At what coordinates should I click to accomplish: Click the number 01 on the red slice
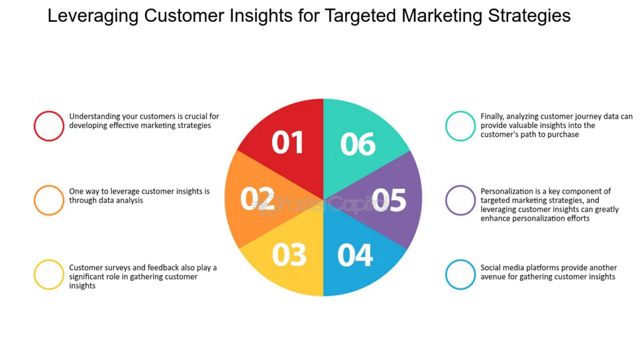[287, 142]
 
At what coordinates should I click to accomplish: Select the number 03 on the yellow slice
[289, 254]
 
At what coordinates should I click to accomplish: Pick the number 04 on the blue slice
[355, 254]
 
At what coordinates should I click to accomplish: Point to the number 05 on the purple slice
[388, 200]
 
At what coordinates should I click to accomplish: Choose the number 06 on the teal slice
[358, 144]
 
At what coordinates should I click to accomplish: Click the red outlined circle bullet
[49, 126]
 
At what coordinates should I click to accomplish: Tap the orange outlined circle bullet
[49, 200]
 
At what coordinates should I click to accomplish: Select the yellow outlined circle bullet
[49, 274]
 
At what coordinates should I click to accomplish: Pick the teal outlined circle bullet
[461, 126]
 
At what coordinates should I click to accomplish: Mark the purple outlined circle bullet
[461, 200]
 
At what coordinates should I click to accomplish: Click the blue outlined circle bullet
[461, 274]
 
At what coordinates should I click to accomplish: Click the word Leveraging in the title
[93, 16]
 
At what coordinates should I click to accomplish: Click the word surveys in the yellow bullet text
[119, 267]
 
